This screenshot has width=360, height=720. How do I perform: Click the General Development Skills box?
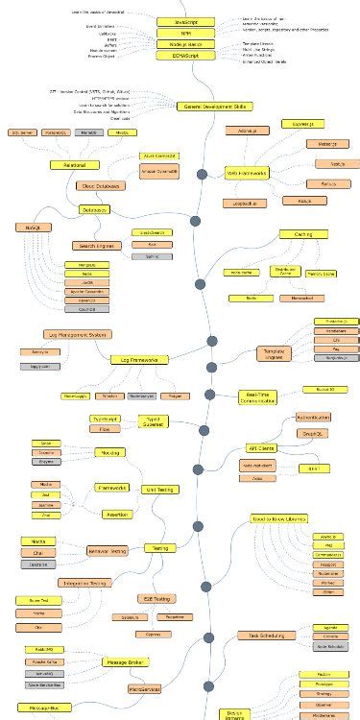(213, 106)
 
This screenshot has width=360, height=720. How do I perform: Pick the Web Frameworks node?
(247, 173)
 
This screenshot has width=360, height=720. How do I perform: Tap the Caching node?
(303, 233)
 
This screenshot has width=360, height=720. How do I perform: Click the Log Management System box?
(78, 334)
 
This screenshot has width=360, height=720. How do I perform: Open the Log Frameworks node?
(139, 359)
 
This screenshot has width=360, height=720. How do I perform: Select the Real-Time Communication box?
(259, 396)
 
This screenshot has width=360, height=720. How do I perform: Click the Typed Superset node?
(153, 420)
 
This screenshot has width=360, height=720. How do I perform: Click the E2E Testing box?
(156, 598)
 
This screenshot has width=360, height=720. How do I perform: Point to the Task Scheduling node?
(261, 636)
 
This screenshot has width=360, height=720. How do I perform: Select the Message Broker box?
(126, 661)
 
